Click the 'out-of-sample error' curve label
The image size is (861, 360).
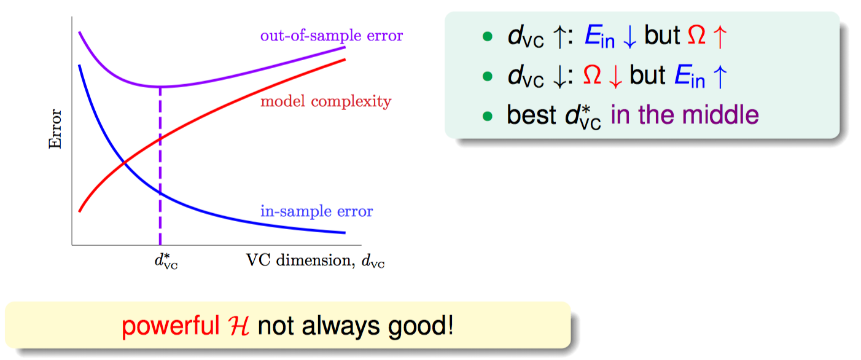[x=332, y=36]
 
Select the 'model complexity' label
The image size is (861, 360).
[x=326, y=101]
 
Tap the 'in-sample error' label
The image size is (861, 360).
[x=317, y=211]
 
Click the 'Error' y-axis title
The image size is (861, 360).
[x=55, y=129]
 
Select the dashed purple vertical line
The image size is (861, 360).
[x=160, y=166]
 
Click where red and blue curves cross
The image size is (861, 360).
[x=124, y=164]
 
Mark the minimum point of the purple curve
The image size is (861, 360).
[x=160, y=87]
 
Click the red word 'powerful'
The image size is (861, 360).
[x=170, y=326]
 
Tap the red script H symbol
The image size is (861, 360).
[x=238, y=326]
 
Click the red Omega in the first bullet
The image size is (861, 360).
[x=696, y=36]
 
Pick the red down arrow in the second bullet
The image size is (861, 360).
[x=616, y=76]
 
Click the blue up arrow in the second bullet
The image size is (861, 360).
[x=720, y=76]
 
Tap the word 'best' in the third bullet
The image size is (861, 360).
[x=531, y=115]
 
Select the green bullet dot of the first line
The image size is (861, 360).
[x=488, y=36]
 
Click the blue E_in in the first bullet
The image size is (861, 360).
[x=599, y=37]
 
